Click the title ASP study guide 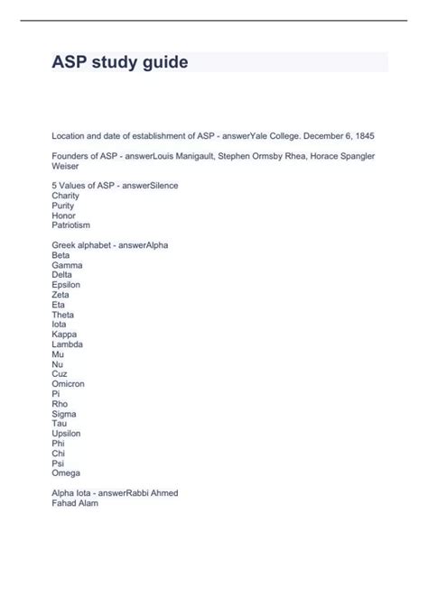[x=119, y=62]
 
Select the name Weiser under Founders [x=65, y=166]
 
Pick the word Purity [x=64, y=205]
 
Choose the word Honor [x=64, y=215]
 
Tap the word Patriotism [x=71, y=225]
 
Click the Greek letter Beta [x=61, y=255]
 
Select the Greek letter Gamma [x=67, y=265]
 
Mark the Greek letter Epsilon [x=67, y=285]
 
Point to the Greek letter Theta [x=63, y=314]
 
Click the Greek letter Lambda [x=69, y=344]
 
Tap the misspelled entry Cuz [x=60, y=373]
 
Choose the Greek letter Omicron [x=70, y=383]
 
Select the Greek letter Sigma [x=64, y=413]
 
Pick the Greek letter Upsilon [x=67, y=433]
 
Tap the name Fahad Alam [x=76, y=503]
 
